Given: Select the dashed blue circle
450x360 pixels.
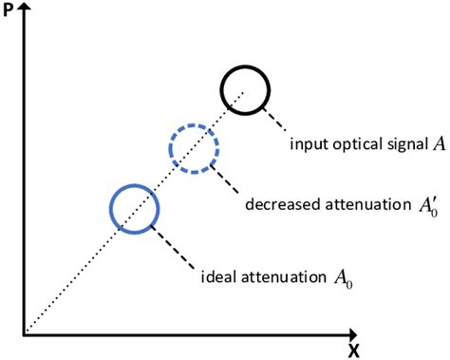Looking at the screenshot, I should [195, 148].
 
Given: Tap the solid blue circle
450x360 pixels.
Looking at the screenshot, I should [134, 208].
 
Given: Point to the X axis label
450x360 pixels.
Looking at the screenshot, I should [352, 351].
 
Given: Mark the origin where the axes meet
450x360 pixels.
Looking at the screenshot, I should [25, 333].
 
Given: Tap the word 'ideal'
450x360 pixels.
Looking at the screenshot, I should [220, 279].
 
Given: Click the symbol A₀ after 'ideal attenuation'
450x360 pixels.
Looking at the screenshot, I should [338, 280].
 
